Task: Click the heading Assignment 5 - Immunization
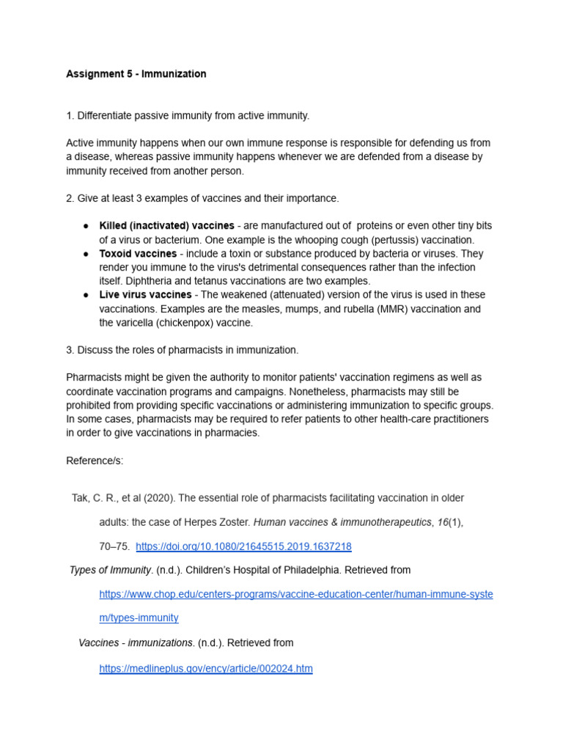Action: pos(136,74)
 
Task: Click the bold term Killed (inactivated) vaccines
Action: pos(166,226)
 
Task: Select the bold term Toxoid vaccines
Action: pos(138,254)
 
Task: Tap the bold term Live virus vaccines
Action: pos(144,295)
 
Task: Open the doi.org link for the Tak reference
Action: pos(243,546)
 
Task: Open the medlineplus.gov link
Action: pos(206,669)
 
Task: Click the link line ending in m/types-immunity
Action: pos(139,618)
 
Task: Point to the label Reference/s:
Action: pos(95,461)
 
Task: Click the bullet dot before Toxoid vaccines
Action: pos(86,254)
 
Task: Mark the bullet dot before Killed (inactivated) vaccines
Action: pos(86,226)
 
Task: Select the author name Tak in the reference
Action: pos(79,498)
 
